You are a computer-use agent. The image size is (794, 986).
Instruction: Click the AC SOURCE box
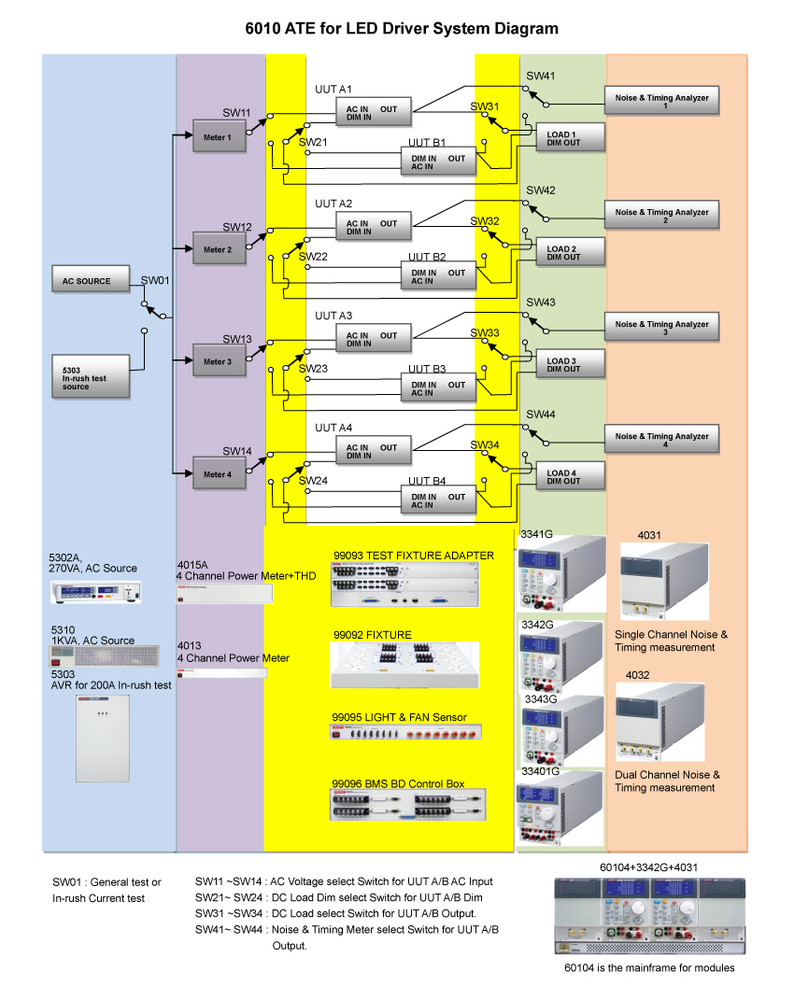pyautogui.click(x=91, y=279)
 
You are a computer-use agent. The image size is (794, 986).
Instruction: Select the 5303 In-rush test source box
pyautogui.click(x=91, y=376)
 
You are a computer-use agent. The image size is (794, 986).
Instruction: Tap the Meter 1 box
pyautogui.click(x=219, y=135)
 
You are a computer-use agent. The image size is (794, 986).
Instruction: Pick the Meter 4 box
pyautogui.click(x=219, y=472)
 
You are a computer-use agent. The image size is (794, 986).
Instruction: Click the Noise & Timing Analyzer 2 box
pyautogui.click(x=662, y=215)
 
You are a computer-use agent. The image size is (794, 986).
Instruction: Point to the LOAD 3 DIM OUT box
pyautogui.click(x=570, y=364)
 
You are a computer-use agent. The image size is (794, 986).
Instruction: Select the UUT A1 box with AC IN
pyautogui.click(x=374, y=112)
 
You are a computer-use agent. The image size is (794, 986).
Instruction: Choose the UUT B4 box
pyautogui.click(x=438, y=500)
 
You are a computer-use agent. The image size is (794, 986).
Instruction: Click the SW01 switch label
pyautogui.click(x=155, y=280)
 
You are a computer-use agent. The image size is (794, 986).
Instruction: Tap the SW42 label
pyautogui.click(x=541, y=190)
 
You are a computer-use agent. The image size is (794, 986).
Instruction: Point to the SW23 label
pyautogui.click(x=313, y=369)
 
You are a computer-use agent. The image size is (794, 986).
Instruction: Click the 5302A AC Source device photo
pyautogui.click(x=95, y=592)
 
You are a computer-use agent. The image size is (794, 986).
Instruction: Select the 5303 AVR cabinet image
pyautogui.click(x=103, y=739)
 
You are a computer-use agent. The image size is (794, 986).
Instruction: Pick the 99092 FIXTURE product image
pyautogui.click(x=404, y=665)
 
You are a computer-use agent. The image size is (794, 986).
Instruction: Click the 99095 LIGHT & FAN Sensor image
pyautogui.click(x=406, y=732)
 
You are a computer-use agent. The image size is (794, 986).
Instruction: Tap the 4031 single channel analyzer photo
pyautogui.click(x=664, y=582)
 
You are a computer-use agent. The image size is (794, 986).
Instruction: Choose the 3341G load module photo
pyautogui.click(x=561, y=573)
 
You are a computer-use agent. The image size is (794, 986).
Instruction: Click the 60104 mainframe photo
pyautogui.click(x=649, y=916)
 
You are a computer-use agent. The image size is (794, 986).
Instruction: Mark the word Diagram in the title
pyautogui.click(x=526, y=29)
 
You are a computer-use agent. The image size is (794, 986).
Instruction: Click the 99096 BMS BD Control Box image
pyautogui.click(x=407, y=805)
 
